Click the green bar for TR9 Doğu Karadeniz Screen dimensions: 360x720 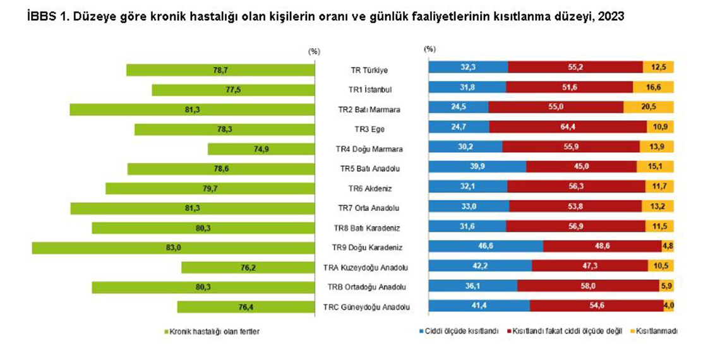click(126, 248)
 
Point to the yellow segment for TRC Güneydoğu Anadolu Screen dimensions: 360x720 click(669, 307)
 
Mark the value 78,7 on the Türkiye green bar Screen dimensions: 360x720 click(220, 70)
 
